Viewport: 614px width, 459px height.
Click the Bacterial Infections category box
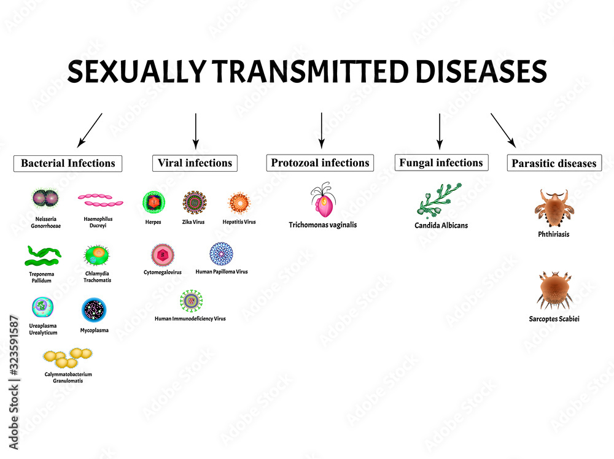[68, 163]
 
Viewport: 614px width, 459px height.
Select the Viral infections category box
[195, 163]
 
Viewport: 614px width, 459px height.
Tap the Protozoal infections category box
[320, 163]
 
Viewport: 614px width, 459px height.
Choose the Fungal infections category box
[441, 163]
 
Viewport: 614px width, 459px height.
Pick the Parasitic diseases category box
[554, 163]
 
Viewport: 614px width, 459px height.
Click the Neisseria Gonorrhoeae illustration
[44, 199]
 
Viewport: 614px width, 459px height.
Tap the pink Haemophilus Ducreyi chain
[101, 200]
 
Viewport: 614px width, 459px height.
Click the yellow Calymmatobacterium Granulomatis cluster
[67, 357]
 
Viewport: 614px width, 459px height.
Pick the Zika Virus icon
[195, 202]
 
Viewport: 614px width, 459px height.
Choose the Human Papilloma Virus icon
[221, 253]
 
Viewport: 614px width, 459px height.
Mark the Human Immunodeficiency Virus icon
[191, 301]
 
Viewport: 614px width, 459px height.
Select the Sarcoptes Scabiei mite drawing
[554, 290]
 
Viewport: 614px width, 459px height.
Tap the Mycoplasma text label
[95, 330]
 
